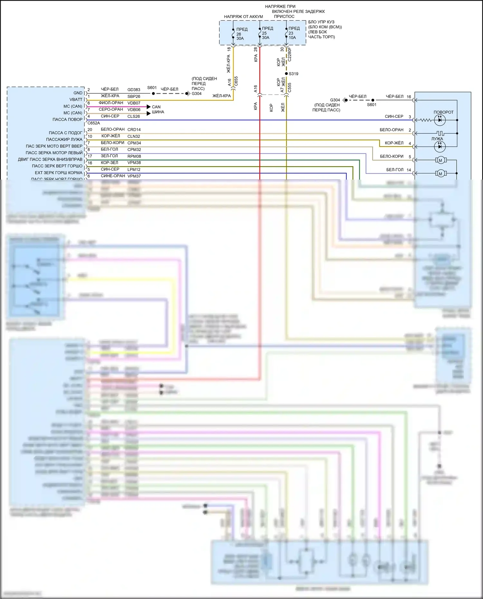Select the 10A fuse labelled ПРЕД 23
pos(286,33)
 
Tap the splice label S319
pos(293,74)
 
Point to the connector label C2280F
pos(289,54)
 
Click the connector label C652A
pos(94,123)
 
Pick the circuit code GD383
pos(134,90)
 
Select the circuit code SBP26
pos(134,97)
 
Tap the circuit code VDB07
pos(134,103)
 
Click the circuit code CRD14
pos(134,130)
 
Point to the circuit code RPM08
pos(134,156)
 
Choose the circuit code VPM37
pos(134,176)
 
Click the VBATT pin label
pos(76,99)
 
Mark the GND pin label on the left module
pos(78,93)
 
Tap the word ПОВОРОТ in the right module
pos(443,112)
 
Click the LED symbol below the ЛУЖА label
pos(440,147)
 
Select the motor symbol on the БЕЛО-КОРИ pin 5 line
pos(440,160)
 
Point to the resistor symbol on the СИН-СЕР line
pos(426,120)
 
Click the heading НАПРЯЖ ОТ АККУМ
pos(243,17)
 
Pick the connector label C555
pos(289,88)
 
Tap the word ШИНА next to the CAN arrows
pos(158,112)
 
